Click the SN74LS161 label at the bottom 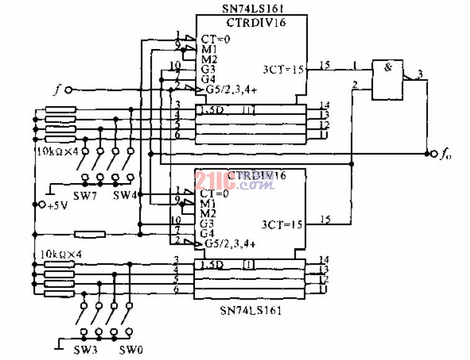pos(251,309)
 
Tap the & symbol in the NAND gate pos(388,68)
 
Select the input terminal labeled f pos(68,90)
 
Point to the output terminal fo pos(429,153)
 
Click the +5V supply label pos(55,205)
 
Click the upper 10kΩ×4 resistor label pos(57,150)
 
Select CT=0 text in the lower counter pos(215,193)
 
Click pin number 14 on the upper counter pos(323,104)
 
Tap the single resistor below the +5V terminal pos(89,234)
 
